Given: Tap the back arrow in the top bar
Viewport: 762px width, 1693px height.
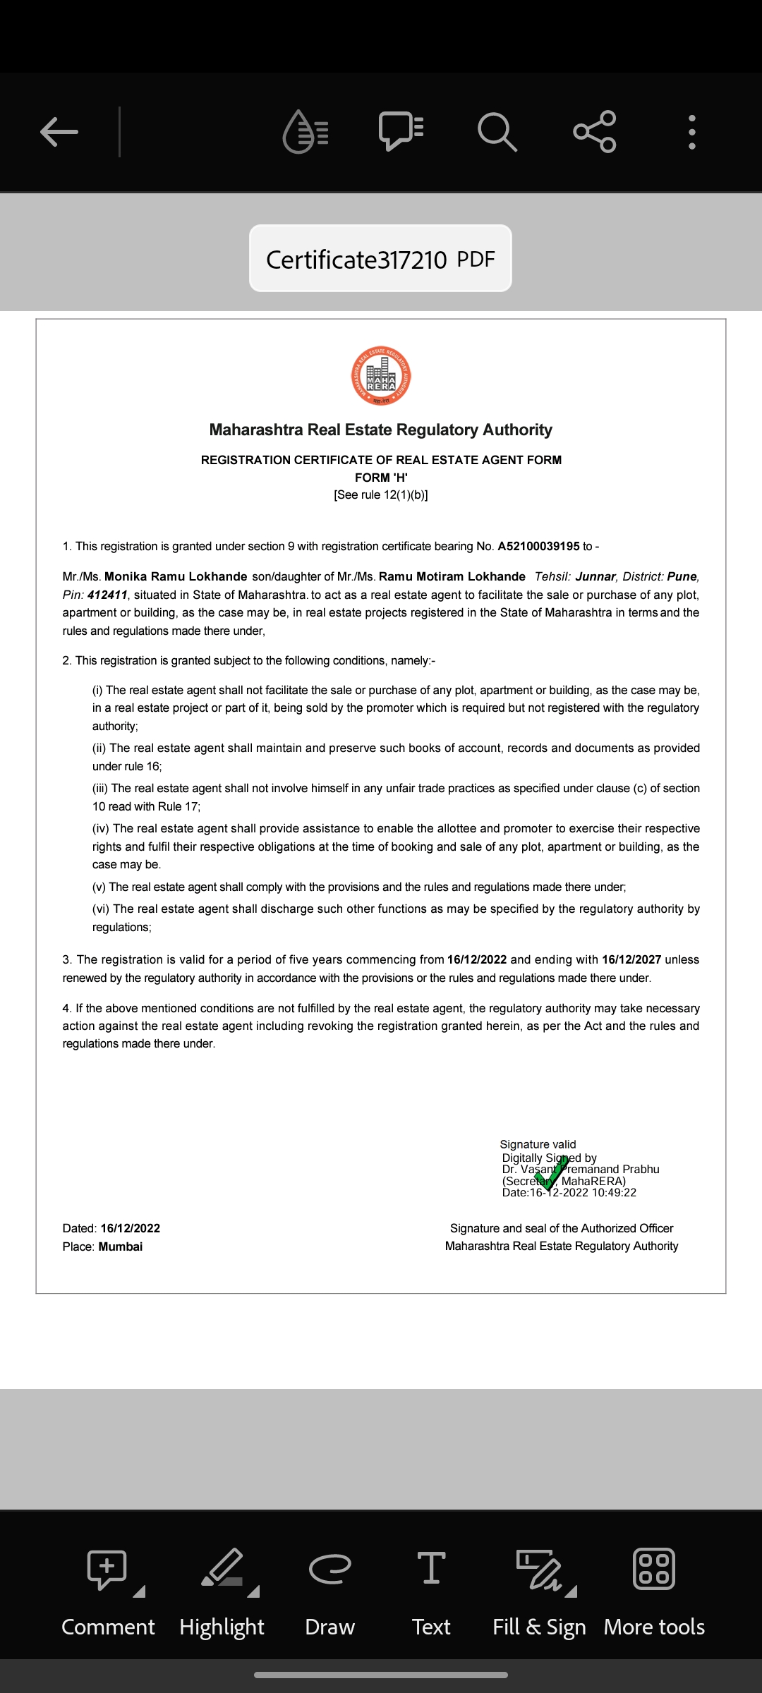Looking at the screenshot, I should (x=59, y=132).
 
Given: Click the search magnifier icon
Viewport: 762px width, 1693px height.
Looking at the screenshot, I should (x=497, y=132).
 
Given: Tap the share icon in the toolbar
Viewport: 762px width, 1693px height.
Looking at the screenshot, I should (x=595, y=132).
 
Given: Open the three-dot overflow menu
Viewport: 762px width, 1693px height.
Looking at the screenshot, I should (x=692, y=132).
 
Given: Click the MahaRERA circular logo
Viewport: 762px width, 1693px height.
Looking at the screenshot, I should (x=381, y=375).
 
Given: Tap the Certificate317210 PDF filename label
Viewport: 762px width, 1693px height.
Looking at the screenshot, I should (x=380, y=259).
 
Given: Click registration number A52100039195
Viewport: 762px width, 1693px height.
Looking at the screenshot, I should (x=538, y=547).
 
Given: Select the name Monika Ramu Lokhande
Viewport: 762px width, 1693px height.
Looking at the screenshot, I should (x=176, y=577).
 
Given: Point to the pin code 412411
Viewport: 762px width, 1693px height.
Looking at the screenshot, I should (x=107, y=595).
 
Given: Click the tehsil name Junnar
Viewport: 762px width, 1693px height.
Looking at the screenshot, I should (x=595, y=577).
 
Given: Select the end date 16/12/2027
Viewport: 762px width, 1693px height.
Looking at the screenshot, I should (x=631, y=960).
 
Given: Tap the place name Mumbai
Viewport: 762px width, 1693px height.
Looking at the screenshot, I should (x=121, y=1246).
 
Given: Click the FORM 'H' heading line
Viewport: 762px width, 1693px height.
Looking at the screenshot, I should (x=381, y=478).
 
